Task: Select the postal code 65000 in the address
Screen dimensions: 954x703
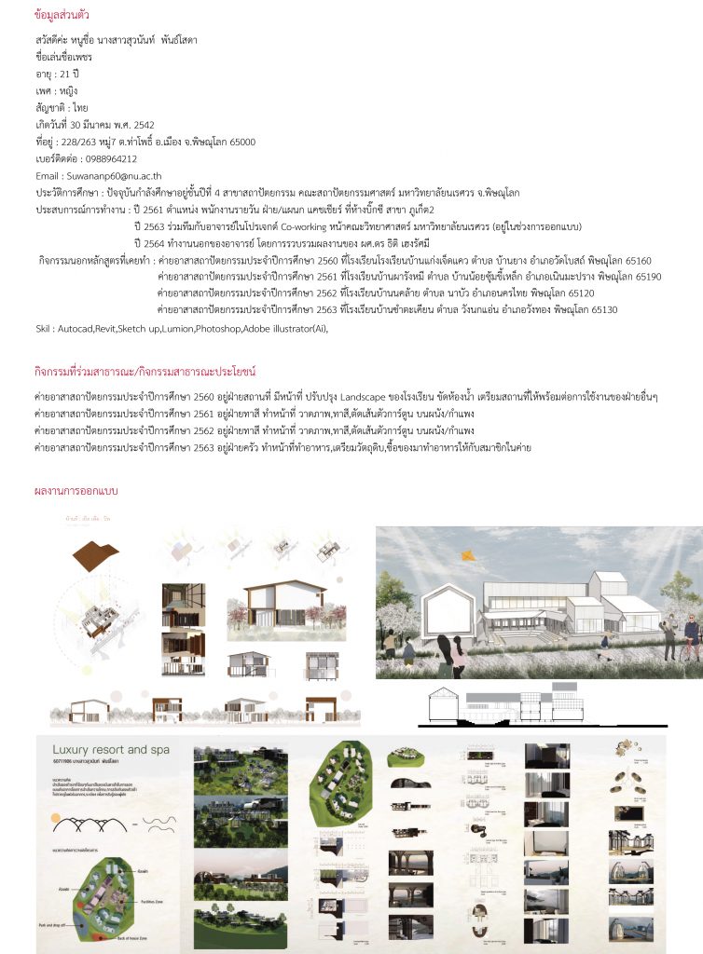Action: (x=241, y=142)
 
